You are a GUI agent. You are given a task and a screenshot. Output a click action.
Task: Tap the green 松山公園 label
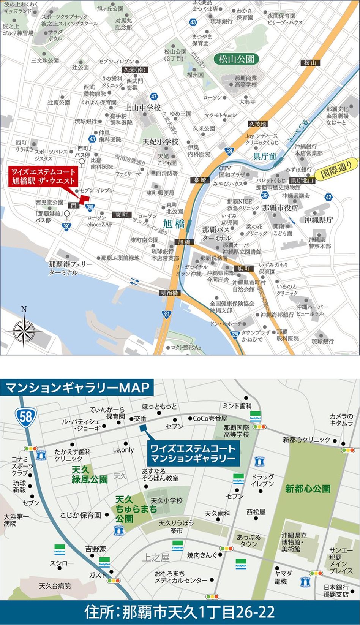tap(236, 59)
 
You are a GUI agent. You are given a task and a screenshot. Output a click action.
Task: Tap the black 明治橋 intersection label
tap(169, 293)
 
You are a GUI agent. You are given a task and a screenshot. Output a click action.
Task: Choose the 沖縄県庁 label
tap(318, 220)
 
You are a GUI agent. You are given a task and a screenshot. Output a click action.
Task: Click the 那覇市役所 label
tap(280, 208)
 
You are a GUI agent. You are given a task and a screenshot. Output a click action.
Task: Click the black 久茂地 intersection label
tap(257, 124)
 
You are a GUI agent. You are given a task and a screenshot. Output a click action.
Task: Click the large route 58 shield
tap(25, 417)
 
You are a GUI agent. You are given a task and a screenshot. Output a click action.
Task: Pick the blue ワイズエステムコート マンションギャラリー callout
tap(193, 453)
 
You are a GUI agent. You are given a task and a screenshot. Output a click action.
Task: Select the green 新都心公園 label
tap(308, 489)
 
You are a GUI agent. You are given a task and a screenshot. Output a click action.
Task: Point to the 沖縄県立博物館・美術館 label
tap(294, 542)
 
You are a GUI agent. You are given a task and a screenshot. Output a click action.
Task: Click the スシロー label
tap(62, 563)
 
